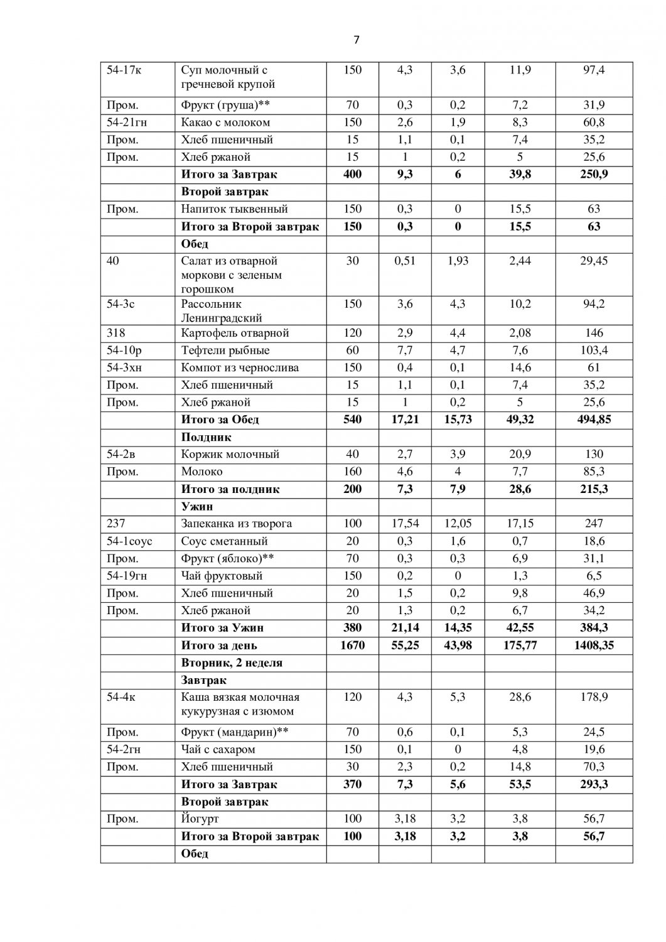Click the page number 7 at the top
click(x=357, y=40)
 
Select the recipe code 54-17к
click(x=124, y=70)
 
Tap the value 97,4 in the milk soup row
click(x=594, y=70)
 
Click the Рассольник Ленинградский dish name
click(x=222, y=311)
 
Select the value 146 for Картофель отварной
click(x=594, y=333)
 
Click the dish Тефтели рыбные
click(x=225, y=350)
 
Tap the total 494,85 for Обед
click(x=594, y=420)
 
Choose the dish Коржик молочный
click(x=230, y=454)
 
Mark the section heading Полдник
click(x=207, y=437)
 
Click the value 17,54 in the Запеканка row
click(x=405, y=524)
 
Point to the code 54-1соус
click(x=129, y=541)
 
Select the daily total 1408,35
click(x=594, y=645)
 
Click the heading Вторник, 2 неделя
click(x=232, y=663)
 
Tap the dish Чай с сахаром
click(x=218, y=749)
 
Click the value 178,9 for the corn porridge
click(x=594, y=697)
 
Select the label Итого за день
click(x=219, y=645)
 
